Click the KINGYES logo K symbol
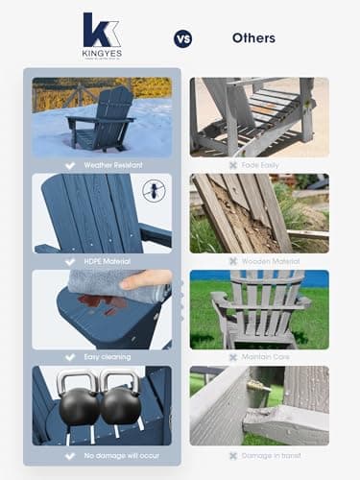coord(101,30)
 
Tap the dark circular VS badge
coord(182,38)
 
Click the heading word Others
coord(253,38)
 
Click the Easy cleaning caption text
coord(106,356)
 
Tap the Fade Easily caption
coord(264,165)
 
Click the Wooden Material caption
coord(268,260)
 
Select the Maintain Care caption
coord(264,356)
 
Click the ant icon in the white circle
coord(153,190)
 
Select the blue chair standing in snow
coord(106,120)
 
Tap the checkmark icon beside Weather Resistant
coord(68,165)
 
